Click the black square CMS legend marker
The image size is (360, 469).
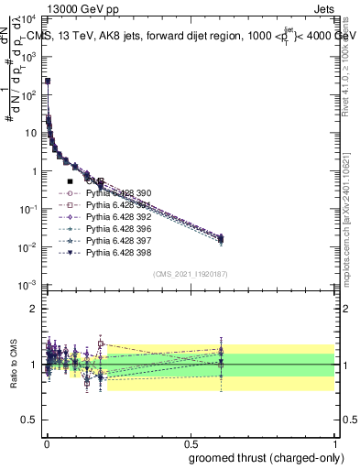[70, 181]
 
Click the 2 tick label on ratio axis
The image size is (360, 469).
[37, 309]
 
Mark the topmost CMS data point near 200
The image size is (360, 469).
[48, 81]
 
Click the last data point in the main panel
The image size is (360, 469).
[220, 239]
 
